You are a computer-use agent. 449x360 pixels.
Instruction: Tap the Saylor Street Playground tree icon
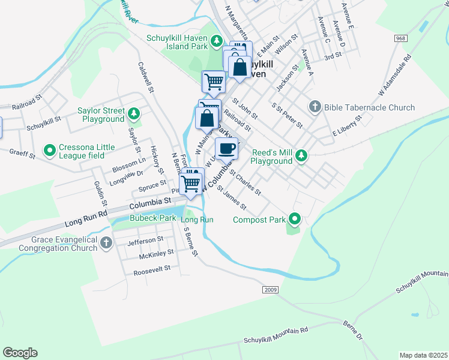[134, 113]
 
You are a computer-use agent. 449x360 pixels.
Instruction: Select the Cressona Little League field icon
[50, 148]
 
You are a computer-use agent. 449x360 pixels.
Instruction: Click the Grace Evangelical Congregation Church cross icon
[106, 243]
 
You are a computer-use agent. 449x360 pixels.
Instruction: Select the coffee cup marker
[226, 149]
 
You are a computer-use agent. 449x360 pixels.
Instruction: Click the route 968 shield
[401, 38]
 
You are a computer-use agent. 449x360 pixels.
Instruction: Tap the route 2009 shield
[270, 290]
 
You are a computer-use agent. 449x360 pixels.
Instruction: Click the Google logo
[20, 352]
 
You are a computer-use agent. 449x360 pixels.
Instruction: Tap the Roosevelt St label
[151, 269]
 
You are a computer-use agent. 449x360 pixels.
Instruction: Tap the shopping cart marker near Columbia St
[191, 182]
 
